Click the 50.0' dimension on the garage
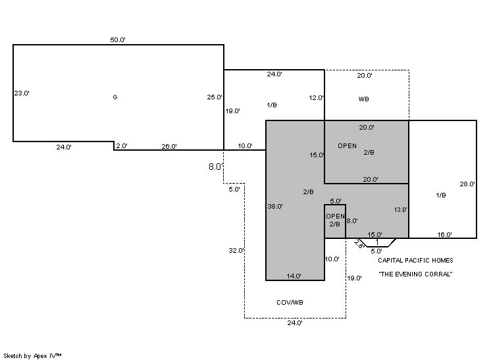[x=118, y=40]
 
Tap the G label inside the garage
[x=115, y=97]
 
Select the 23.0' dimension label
[x=22, y=93]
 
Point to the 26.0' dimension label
[x=169, y=147]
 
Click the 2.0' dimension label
[x=122, y=146]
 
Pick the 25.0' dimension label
[x=215, y=97]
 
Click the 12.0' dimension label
[x=317, y=98]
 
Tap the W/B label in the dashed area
[x=363, y=99]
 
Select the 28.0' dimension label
[x=467, y=185]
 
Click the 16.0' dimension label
[x=445, y=235]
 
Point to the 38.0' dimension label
[x=275, y=207]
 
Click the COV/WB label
[x=290, y=303]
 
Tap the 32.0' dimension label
[x=236, y=251]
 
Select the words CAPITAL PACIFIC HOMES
[x=415, y=261]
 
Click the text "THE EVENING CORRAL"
[x=415, y=274]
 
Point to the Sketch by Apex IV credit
[x=33, y=355]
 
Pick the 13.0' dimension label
[x=401, y=210]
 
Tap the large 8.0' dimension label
[x=215, y=167]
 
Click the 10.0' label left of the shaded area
[x=245, y=146]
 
